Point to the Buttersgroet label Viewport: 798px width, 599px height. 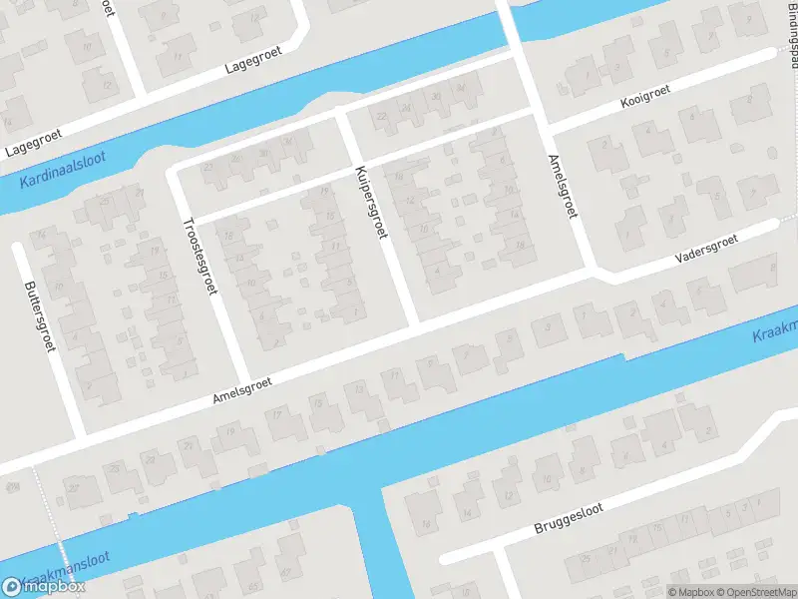coord(39,313)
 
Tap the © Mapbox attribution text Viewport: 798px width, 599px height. coord(691,591)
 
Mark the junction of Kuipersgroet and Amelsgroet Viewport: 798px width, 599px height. coord(415,325)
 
